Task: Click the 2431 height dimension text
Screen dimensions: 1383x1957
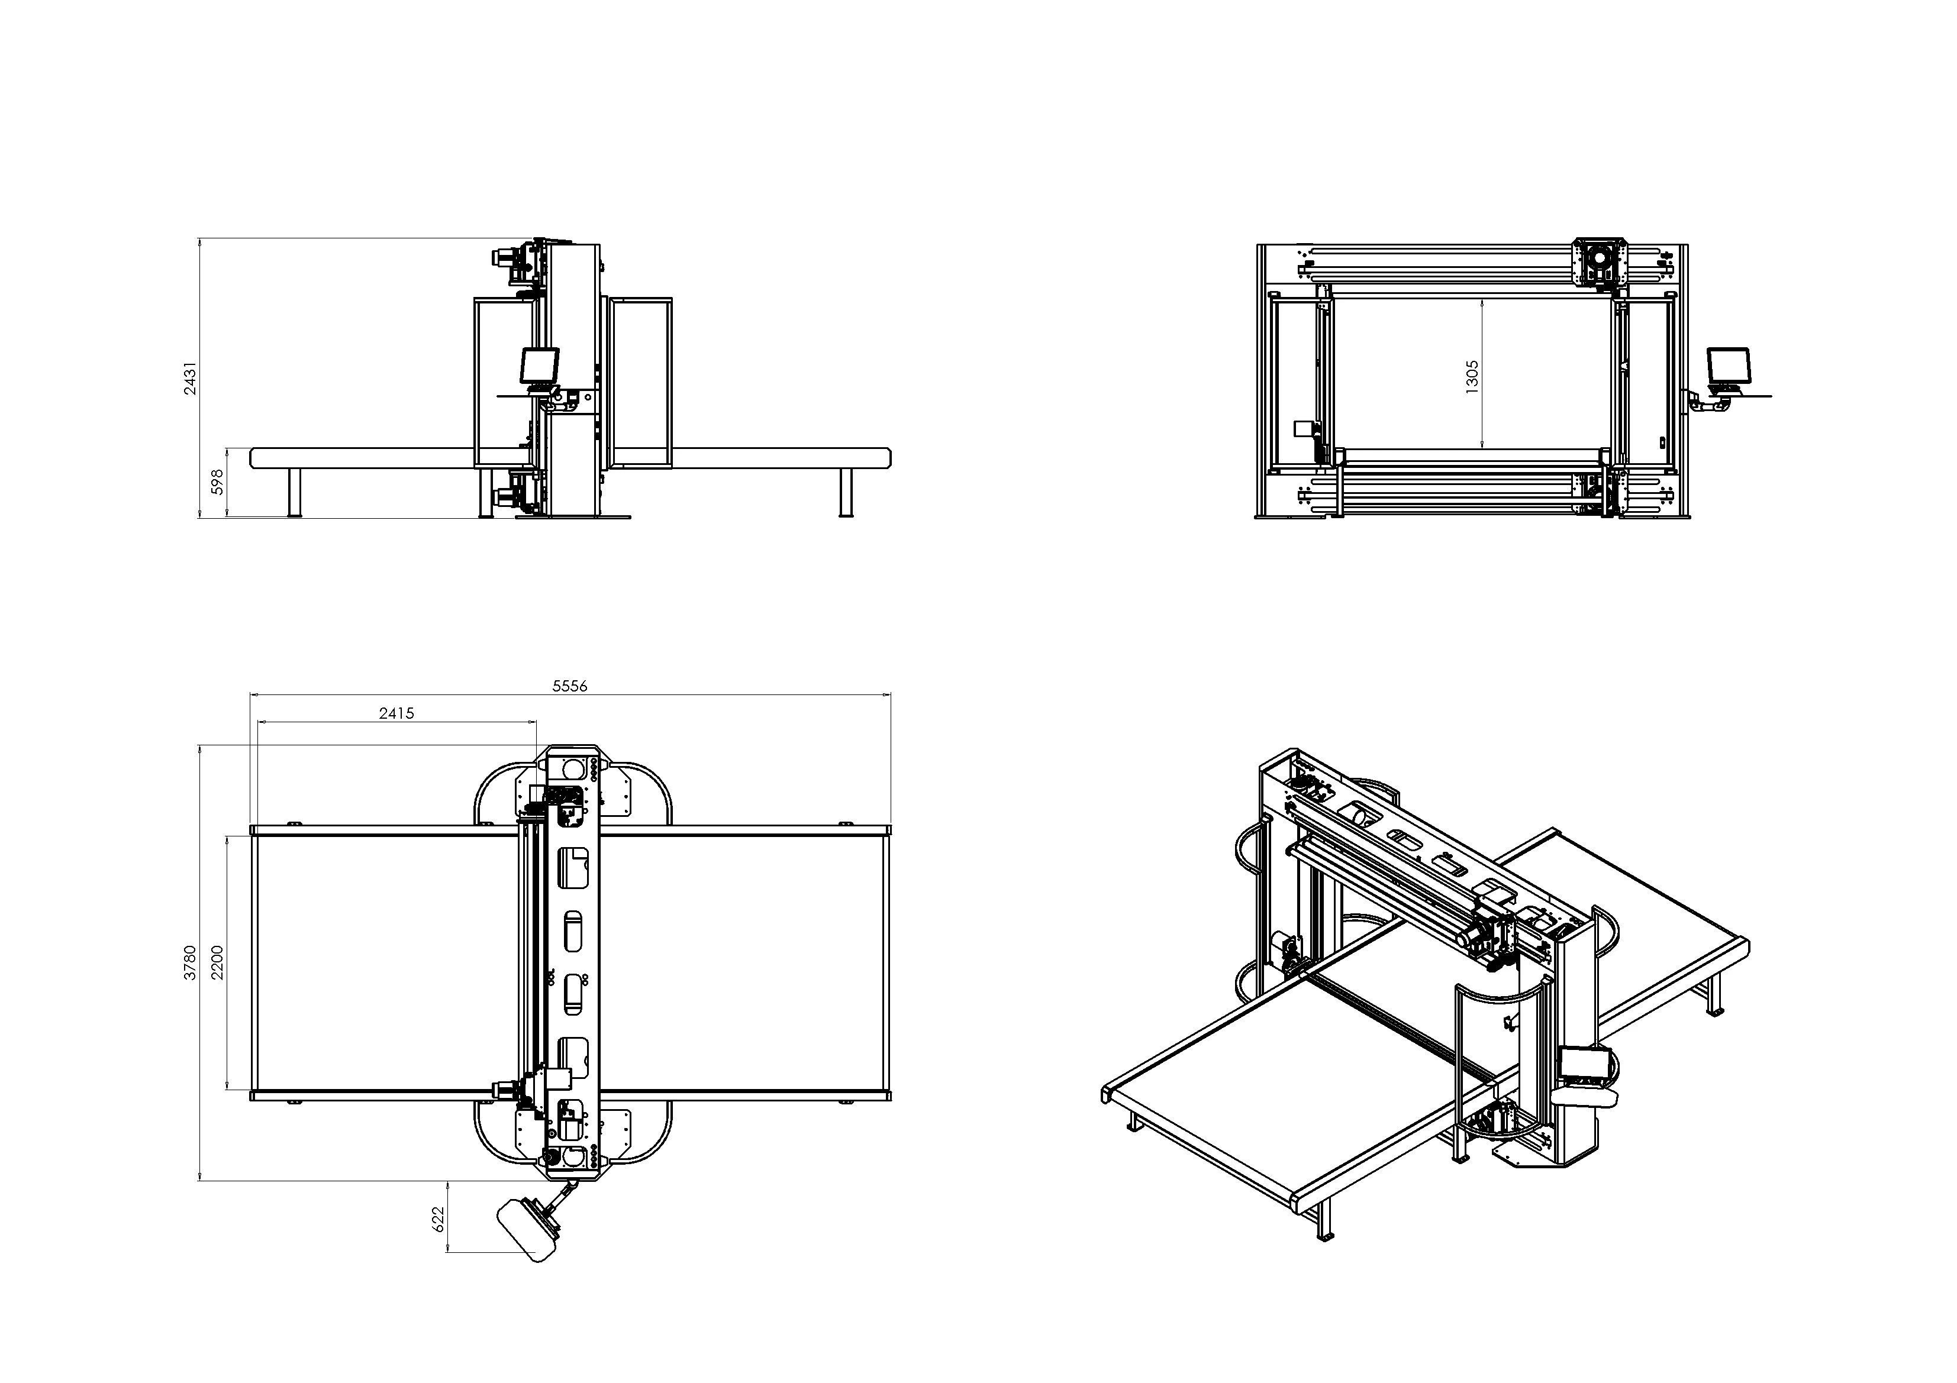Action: point(191,377)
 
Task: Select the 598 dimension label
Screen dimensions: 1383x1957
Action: point(217,482)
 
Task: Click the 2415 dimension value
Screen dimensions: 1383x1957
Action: point(396,713)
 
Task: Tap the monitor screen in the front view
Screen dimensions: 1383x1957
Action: point(1728,366)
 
